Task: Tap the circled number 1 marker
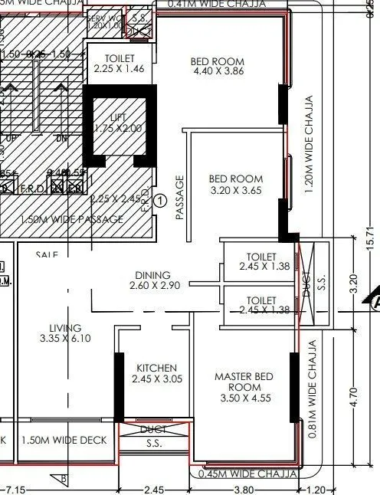tap(160, 201)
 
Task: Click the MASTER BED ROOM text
tap(244, 382)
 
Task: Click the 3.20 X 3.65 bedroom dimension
tap(236, 191)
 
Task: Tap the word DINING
tap(152, 275)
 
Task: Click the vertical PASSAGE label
tap(181, 198)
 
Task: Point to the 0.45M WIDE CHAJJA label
tap(246, 474)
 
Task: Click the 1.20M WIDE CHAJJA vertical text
tap(310, 146)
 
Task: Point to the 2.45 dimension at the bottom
tap(153, 489)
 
